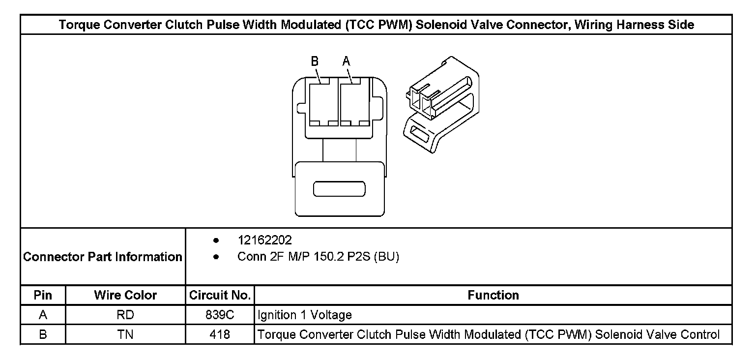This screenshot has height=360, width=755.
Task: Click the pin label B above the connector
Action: click(x=315, y=61)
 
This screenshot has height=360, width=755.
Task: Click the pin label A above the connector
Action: click(x=346, y=61)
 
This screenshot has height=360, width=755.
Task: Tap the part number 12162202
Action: click(x=264, y=240)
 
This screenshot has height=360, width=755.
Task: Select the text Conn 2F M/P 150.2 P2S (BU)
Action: click(x=318, y=257)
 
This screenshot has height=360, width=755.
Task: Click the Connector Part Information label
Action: click(x=103, y=257)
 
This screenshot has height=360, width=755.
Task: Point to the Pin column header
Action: click(x=43, y=295)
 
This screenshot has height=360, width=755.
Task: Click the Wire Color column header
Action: click(x=125, y=295)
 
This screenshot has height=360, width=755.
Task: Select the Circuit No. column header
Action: click(x=220, y=295)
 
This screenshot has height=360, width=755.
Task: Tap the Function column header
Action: click(x=493, y=295)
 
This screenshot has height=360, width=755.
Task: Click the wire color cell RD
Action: click(x=125, y=315)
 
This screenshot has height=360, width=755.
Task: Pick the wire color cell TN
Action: click(x=125, y=335)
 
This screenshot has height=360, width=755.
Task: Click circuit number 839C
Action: click(x=220, y=315)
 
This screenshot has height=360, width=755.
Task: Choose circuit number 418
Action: click(x=220, y=335)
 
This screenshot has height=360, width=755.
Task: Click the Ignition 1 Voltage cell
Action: click(x=305, y=315)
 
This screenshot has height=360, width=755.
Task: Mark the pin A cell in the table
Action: click(x=43, y=315)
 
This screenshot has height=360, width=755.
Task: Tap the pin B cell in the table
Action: click(x=43, y=335)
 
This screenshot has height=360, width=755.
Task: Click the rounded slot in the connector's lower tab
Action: click(x=339, y=189)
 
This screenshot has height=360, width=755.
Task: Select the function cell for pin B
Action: click(x=489, y=335)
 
